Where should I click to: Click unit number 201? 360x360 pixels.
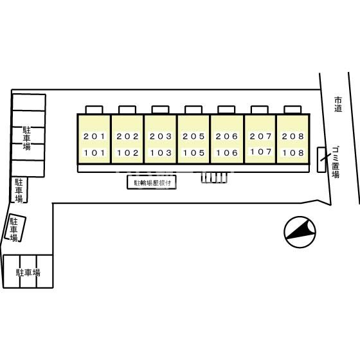(x=94, y=136)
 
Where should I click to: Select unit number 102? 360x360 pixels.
(x=127, y=153)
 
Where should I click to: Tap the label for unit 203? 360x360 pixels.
(x=161, y=136)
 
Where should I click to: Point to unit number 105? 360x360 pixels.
(x=194, y=153)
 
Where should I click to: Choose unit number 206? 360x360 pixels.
(x=226, y=136)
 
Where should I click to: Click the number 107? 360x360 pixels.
(x=260, y=152)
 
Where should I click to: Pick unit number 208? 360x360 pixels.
(x=293, y=136)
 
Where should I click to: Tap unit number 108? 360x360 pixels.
(x=293, y=153)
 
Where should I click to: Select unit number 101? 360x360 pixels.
(x=94, y=153)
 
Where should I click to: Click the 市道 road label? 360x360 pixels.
(x=338, y=104)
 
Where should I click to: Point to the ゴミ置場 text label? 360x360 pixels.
(x=336, y=162)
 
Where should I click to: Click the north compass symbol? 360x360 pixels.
(x=300, y=232)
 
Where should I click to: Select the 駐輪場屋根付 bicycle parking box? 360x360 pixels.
(x=152, y=183)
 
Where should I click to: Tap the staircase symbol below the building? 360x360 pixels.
(x=214, y=177)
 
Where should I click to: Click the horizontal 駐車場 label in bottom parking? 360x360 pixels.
(x=28, y=273)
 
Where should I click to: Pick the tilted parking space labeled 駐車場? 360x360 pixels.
(x=15, y=228)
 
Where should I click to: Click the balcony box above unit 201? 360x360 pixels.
(x=94, y=109)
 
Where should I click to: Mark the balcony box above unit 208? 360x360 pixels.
(x=292, y=109)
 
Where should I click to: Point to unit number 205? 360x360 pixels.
(x=194, y=136)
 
